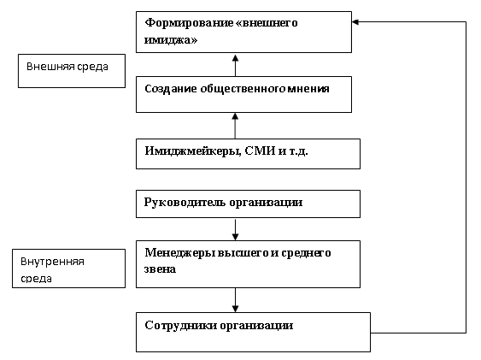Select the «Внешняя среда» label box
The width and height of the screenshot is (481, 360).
pos(72,71)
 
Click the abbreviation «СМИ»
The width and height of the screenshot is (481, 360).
pos(260,151)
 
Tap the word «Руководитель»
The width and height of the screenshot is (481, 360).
pos(185,203)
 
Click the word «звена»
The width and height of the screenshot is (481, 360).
pos(160,269)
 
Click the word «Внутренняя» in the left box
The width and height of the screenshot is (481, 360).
pos(52,262)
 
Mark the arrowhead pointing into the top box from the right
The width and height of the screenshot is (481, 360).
pos(355,21)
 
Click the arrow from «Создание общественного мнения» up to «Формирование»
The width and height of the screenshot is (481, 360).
pos(235,65)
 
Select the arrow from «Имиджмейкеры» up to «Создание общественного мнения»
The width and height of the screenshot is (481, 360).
pos(235,126)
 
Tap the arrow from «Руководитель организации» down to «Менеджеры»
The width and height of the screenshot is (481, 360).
pos(235,229)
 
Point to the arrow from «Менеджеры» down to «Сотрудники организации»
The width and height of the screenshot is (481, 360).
pos(235,300)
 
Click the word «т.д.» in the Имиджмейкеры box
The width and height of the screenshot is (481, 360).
pos(299,151)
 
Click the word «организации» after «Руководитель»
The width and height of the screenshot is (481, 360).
pos(266,203)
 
